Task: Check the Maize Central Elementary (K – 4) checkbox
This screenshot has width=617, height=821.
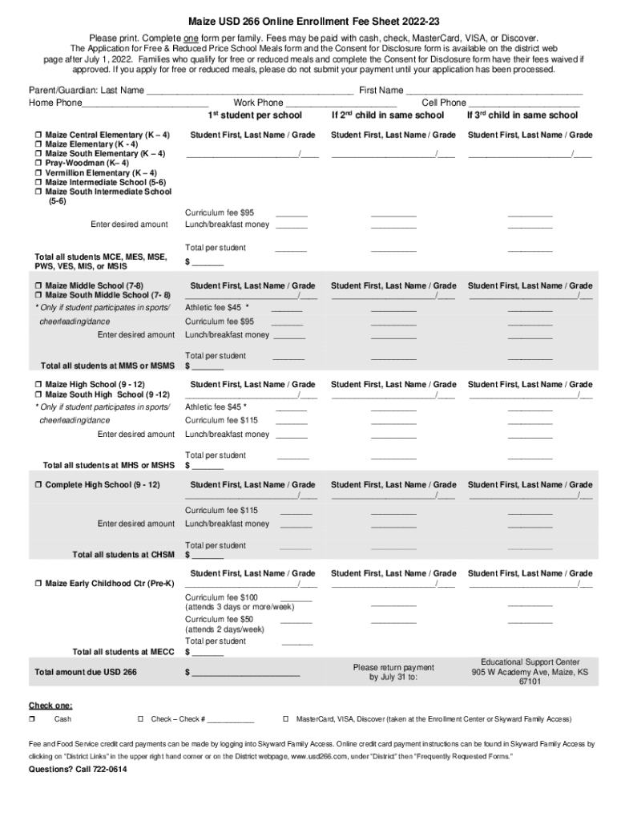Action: click(38, 135)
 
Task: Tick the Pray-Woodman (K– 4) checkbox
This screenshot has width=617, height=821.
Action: click(38, 164)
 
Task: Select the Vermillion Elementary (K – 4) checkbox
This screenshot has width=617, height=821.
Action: click(38, 173)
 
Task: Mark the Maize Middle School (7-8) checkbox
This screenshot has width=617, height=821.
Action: click(38, 286)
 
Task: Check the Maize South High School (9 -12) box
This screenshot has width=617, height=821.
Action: click(38, 395)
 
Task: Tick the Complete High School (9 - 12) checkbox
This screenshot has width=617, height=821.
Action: click(38, 485)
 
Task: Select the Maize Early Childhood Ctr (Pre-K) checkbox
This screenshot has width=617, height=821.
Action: click(38, 584)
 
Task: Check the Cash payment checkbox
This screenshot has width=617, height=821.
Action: click(33, 719)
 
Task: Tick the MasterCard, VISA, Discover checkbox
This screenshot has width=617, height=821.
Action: click(286, 719)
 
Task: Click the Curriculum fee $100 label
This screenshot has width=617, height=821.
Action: click(222, 597)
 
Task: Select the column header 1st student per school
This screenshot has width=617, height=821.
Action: click(244, 115)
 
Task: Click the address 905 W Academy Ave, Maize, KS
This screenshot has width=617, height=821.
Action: click(530, 673)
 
